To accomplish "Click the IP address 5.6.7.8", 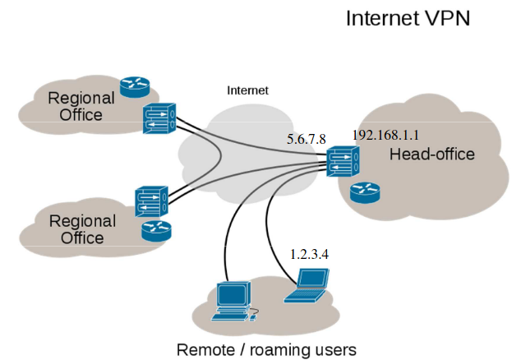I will click(x=306, y=139).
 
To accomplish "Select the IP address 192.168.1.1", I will click(x=385, y=134).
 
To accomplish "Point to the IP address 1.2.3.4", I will click(x=309, y=254).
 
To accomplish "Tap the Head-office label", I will click(x=431, y=155).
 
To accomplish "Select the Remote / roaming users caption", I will click(x=266, y=349).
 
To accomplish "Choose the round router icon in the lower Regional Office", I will click(x=153, y=230).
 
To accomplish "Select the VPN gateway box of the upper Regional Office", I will click(x=159, y=119).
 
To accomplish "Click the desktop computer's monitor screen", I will click(x=233, y=294).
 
